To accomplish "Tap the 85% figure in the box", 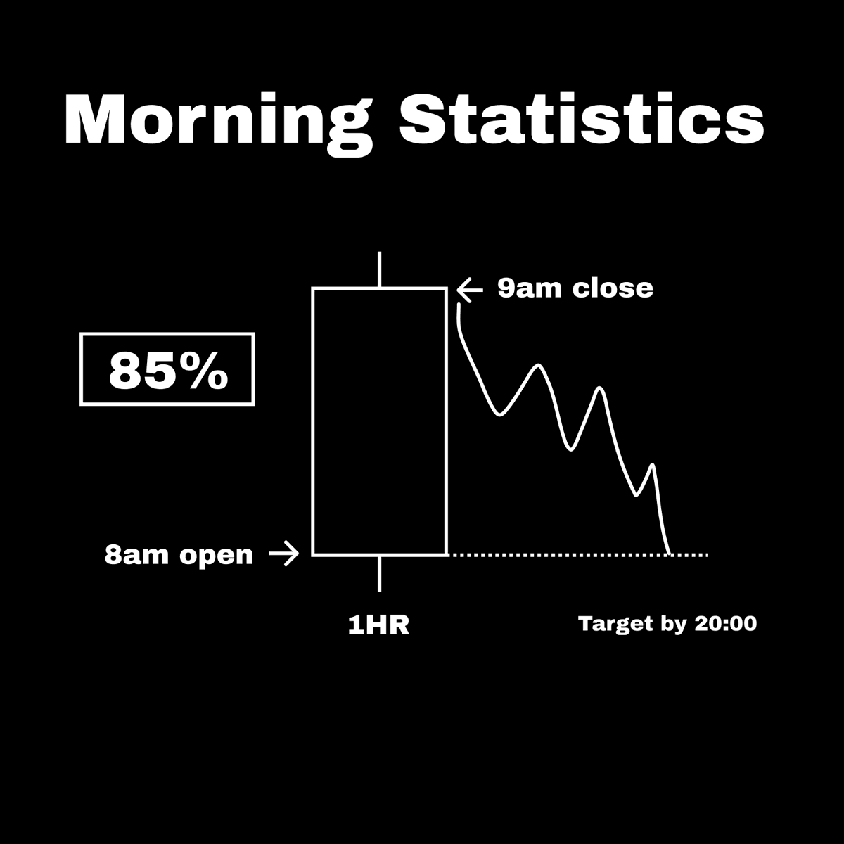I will [167, 371].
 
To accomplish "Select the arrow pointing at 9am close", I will [470, 288].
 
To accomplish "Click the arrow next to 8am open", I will [284, 555].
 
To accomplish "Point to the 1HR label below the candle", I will [378, 625].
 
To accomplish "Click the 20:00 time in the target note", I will [725, 623].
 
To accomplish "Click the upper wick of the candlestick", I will [380, 269].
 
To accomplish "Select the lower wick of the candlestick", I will [380, 573].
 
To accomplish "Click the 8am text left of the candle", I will [137, 555].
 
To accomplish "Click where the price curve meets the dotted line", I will [670, 554].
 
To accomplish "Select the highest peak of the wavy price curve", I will [539, 365].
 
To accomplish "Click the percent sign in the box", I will [209, 371].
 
